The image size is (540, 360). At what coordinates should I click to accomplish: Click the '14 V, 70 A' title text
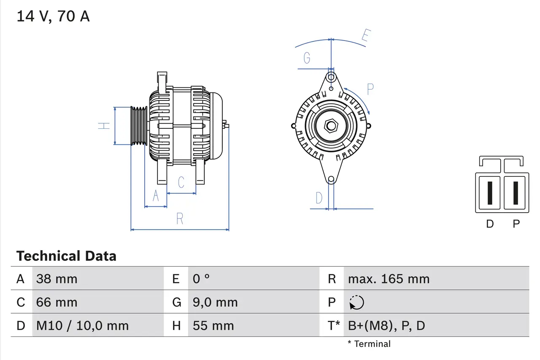tap(53, 16)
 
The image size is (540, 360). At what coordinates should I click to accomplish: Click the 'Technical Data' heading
tap(66, 256)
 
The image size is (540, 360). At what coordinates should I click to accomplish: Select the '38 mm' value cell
tap(57, 279)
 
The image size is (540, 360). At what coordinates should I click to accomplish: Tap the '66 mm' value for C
tap(57, 302)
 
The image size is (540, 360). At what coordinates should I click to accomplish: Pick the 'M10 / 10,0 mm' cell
tap(82, 326)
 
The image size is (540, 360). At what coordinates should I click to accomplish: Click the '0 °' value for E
tap(201, 279)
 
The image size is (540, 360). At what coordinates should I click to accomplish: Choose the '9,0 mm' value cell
tap(215, 302)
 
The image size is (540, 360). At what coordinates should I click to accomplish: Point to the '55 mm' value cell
tap(213, 326)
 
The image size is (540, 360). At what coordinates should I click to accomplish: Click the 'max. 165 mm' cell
tap(389, 279)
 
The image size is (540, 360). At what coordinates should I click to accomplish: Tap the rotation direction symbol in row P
tap(356, 303)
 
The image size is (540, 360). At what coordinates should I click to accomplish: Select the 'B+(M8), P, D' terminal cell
tap(386, 326)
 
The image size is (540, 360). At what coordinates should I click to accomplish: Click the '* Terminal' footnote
tap(369, 344)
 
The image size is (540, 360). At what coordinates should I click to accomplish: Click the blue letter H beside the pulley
tap(104, 126)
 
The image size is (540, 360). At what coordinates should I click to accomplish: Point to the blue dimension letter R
tap(180, 219)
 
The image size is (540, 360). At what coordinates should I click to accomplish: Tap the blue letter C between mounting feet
tap(181, 182)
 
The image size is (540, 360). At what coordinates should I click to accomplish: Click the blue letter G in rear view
tap(307, 58)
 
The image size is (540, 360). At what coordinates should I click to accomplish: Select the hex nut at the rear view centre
tap(331, 126)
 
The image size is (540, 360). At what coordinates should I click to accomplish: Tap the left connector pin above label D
tap(489, 193)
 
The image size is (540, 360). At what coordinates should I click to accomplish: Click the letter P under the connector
tap(516, 224)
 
